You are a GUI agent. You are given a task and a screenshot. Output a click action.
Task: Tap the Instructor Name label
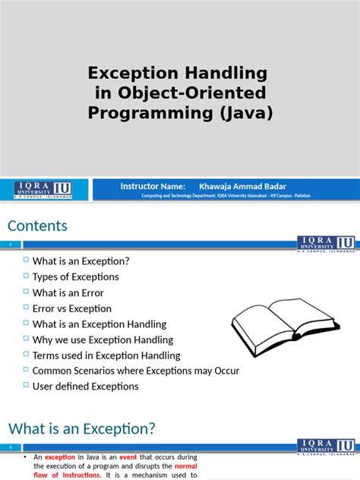(x=153, y=186)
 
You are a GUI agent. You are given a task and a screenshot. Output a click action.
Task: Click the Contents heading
(x=38, y=226)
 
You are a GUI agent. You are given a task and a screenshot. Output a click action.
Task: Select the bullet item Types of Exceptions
(x=75, y=276)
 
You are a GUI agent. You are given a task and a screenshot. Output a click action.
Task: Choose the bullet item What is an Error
(x=68, y=292)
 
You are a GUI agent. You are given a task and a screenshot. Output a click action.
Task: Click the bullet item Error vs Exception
(x=71, y=308)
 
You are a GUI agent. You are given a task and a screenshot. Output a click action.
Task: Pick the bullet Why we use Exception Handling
(x=103, y=339)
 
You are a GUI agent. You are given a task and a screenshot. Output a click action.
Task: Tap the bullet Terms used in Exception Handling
(x=106, y=355)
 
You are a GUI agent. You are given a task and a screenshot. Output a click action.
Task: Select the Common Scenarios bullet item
(x=135, y=371)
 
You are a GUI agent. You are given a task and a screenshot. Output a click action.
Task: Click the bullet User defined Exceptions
(x=85, y=386)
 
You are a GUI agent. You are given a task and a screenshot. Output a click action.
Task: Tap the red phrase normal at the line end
(x=186, y=466)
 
